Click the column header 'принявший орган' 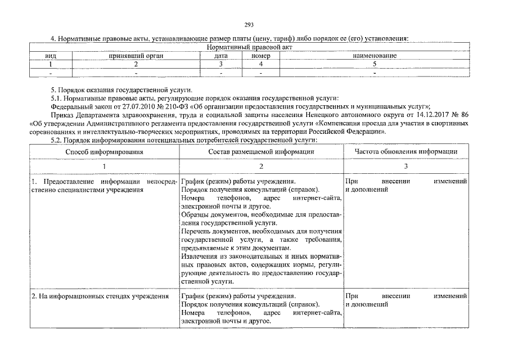pyautogui.click(x=135, y=56)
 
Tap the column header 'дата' pyautogui.click(x=220, y=56)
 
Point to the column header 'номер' pyautogui.click(x=260, y=56)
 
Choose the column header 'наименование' pyautogui.click(x=375, y=56)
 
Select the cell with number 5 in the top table pyautogui.click(x=375, y=64)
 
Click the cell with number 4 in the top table pyautogui.click(x=260, y=64)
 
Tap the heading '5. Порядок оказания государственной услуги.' pyautogui.click(x=121, y=89)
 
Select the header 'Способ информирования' pyautogui.click(x=104, y=152)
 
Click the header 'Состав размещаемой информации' pyautogui.click(x=261, y=152)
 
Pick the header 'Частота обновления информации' pyautogui.click(x=406, y=152)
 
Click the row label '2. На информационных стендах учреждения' pyautogui.click(x=100, y=296)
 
